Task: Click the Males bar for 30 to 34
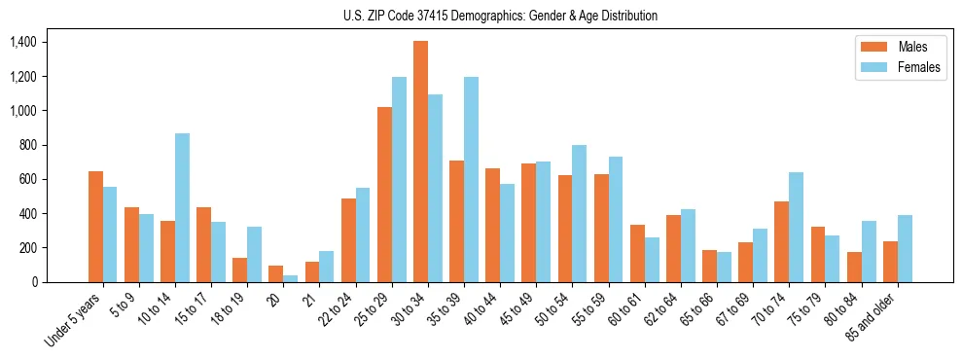[x=420, y=162]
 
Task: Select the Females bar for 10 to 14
[x=182, y=207]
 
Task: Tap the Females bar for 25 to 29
[x=399, y=179]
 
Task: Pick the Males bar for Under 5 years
[x=95, y=227]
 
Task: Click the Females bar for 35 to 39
[x=471, y=179]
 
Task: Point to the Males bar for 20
[x=276, y=273]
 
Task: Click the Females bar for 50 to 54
[x=580, y=213]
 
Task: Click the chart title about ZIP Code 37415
[x=500, y=16]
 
